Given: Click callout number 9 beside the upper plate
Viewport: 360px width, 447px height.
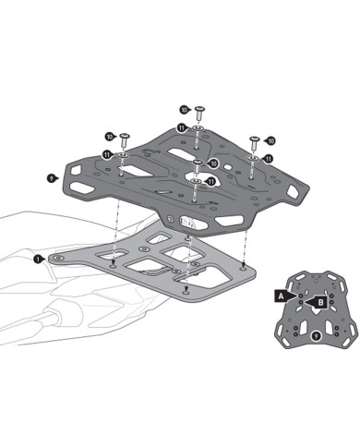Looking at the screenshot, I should tap(47, 174).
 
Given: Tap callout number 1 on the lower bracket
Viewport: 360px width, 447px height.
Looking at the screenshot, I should tap(38, 260).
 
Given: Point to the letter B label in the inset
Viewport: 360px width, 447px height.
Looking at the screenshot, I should tap(319, 301).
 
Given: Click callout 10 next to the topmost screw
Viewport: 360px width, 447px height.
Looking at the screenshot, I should tap(183, 109).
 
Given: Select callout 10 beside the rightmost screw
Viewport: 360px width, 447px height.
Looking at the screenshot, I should tap(270, 140).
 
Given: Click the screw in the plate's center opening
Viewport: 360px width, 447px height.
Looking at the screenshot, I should tap(198, 167).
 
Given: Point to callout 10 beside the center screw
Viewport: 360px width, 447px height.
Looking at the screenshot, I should tap(213, 163).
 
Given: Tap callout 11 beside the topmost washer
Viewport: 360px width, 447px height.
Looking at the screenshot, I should tap(183, 127).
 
